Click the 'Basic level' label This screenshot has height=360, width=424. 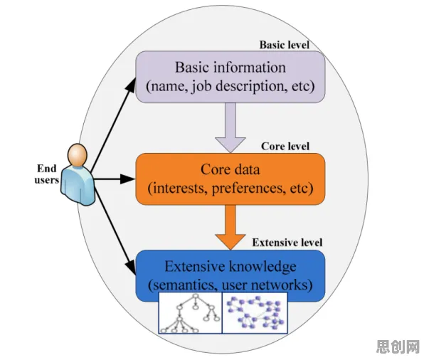pyautogui.click(x=284, y=45)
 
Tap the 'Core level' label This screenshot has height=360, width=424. pyautogui.click(x=285, y=147)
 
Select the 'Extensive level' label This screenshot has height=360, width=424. pyautogui.click(x=287, y=243)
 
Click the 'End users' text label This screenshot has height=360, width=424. pyautogui.click(x=46, y=174)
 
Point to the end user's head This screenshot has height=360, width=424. pyautogui.click(x=78, y=155)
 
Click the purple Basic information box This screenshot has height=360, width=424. pyautogui.click(x=230, y=77)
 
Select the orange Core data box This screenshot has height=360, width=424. pyautogui.click(x=230, y=179)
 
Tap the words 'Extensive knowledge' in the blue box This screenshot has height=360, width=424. pyautogui.click(x=230, y=266)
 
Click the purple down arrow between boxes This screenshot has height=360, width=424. pyautogui.click(x=230, y=127)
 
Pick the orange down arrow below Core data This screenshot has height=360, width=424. pyautogui.click(x=230, y=227)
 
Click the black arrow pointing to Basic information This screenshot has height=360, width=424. pyautogui.click(x=113, y=125)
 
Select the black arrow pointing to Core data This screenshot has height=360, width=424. pyautogui.click(x=114, y=179)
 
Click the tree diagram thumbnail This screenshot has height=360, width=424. pyautogui.click(x=190, y=313)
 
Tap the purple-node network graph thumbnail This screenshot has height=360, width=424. pyautogui.click(x=255, y=313)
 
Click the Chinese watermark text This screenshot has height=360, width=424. pyautogui.click(x=398, y=346)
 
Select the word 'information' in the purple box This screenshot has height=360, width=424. pyautogui.click(x=249, y=67)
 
